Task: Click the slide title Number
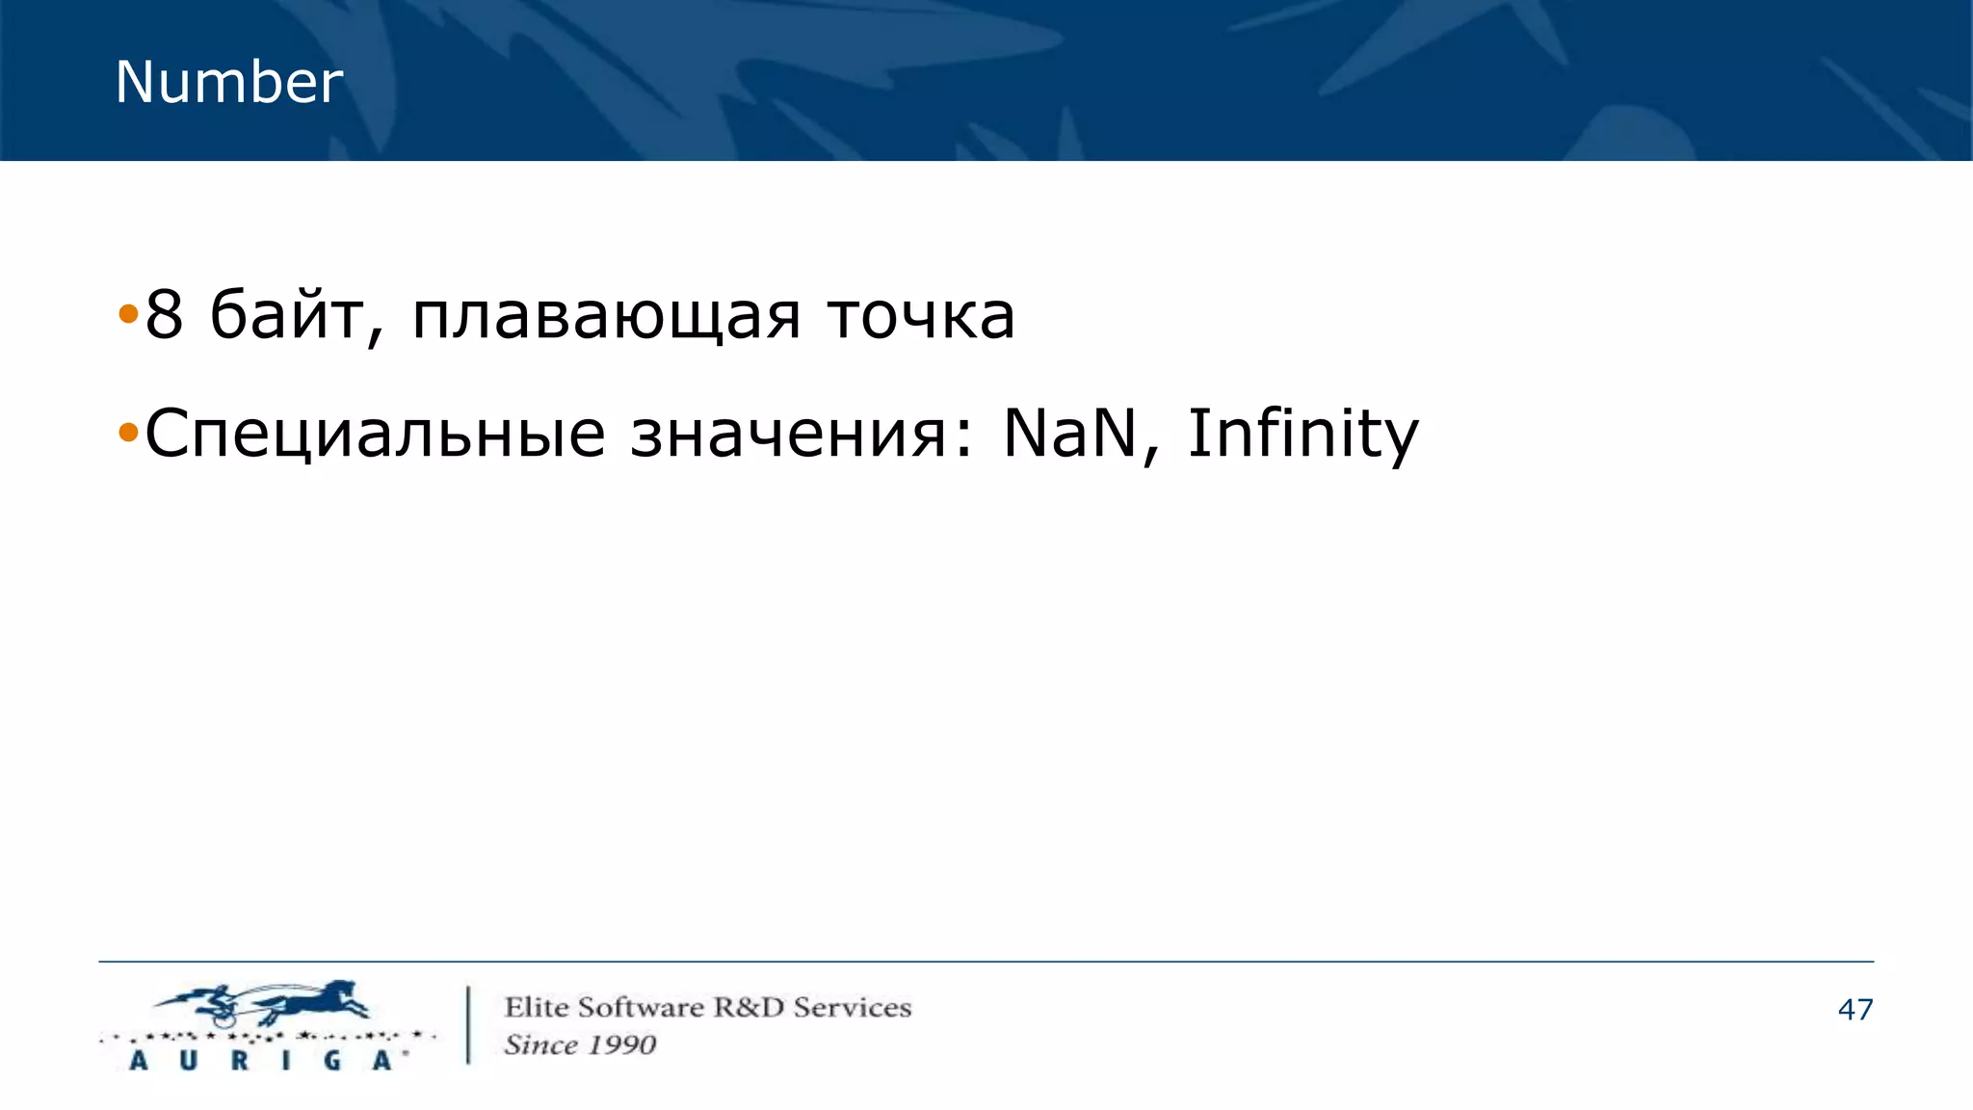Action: (x=228, y=82)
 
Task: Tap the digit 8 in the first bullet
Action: (x=164, y=315)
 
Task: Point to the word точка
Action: (x=921, y=317)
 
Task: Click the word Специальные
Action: (x=375, y=435)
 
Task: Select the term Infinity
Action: (x=1302, y=435)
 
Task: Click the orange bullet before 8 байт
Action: (x=128, y=314)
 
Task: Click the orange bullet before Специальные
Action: (x=128, y=433)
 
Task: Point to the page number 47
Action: (x=1855, y=1010)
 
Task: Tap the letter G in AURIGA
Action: (x=332, y=1061)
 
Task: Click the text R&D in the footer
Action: (x=748, y=1008)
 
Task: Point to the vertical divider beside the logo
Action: (x=469, y=1024)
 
